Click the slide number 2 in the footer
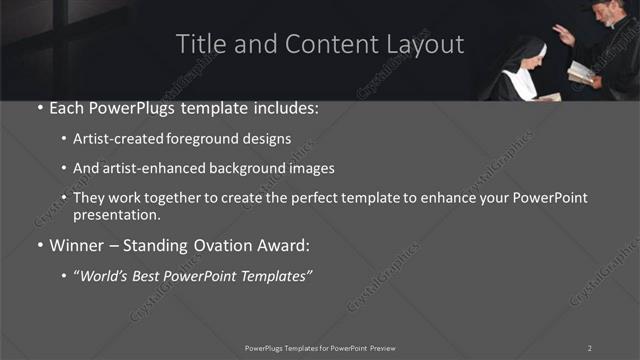[590, 348]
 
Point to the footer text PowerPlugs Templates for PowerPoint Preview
[320, 348]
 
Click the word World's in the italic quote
[109, 273]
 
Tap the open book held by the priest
[580, 72]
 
